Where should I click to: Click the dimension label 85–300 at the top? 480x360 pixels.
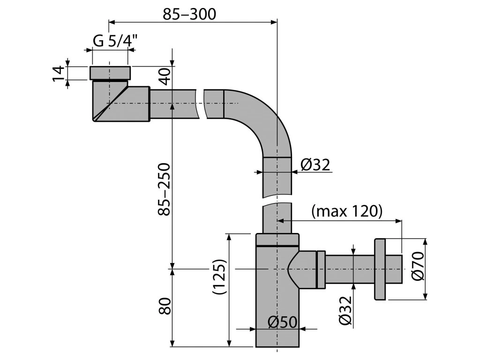(189, 14)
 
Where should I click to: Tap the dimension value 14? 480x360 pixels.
(58, 73)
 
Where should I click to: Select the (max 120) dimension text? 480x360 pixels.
(347, 211)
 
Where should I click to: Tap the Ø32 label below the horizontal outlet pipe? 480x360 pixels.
(345, 312)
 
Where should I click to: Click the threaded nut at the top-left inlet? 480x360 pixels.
(109, 74)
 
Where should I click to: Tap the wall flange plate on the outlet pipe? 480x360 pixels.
(379, 269)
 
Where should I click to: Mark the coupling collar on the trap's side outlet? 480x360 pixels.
(321, 269)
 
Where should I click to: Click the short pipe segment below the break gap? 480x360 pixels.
(277, 218)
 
